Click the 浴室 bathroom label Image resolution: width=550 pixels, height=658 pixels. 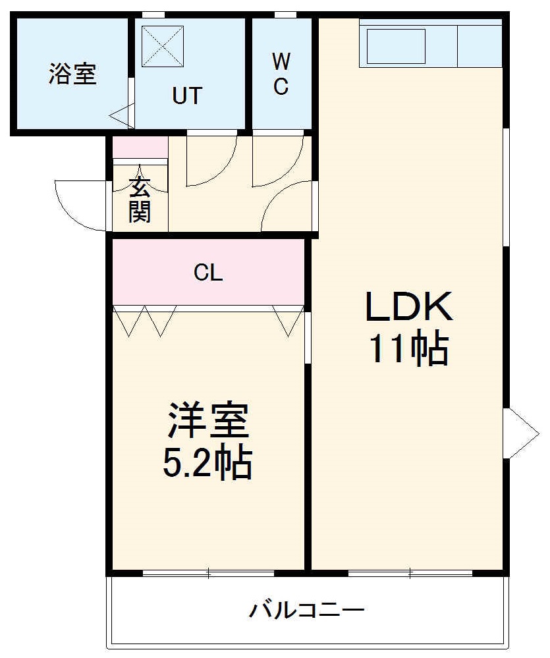pyautogui.click(x=72, y=74)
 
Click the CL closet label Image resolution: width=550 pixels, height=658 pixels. pyautogui.click(x=208, y=273)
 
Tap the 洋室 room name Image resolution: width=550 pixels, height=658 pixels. pyautogui.click(x=207, y=422)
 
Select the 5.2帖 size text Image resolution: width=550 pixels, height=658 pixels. pyautogui.click(x=207, y=464)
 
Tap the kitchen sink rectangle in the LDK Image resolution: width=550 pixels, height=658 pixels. pyautogui.click(x=395, y=45)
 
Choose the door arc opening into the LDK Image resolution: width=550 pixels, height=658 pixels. pyautogui.click(x=286, y=207)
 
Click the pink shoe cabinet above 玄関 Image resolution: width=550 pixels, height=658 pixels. pyautogui.click(x=140, y=148)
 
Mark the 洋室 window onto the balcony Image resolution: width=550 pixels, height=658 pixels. pyautogui.click(x=208, y=573)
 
